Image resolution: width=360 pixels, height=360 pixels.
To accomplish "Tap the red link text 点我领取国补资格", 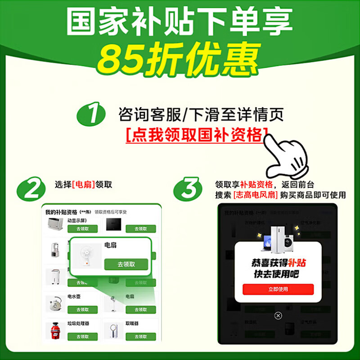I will [196, 135].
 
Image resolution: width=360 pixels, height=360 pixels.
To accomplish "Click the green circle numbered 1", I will [92, 115].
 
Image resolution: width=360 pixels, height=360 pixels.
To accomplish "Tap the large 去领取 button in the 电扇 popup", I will [126, 264].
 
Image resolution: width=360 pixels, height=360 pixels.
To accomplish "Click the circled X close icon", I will [278, 315].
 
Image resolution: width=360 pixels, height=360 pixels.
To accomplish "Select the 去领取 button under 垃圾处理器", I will [83, 337].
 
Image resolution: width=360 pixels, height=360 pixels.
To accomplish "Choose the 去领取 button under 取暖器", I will [141, 337].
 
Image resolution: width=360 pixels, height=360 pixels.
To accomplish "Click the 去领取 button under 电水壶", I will [83, 310].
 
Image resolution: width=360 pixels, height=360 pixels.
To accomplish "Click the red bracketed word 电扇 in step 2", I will [83, 184].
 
